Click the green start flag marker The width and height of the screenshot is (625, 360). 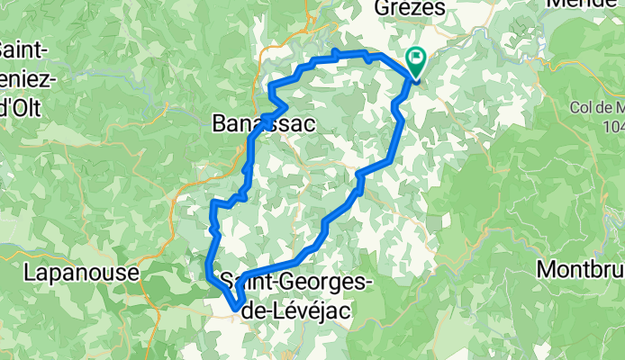(417, 62)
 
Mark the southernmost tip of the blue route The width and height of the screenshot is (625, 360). (236, 309)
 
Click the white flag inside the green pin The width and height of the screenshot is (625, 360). (417, 58)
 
